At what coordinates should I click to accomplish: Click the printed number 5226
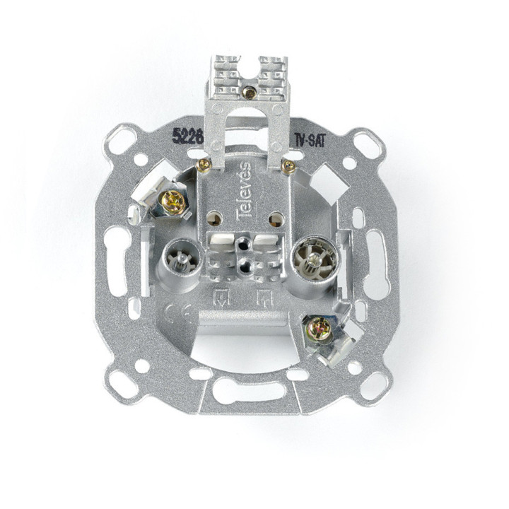pyautogui.click(x=187, y=135)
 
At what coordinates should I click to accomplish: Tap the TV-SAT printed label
pyautogui.click(x=310, y=141)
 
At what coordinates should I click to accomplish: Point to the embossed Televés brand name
pyautogui.click(x=244, y=191)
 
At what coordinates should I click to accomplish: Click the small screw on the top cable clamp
pyautogui.click(x=250, y=92)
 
